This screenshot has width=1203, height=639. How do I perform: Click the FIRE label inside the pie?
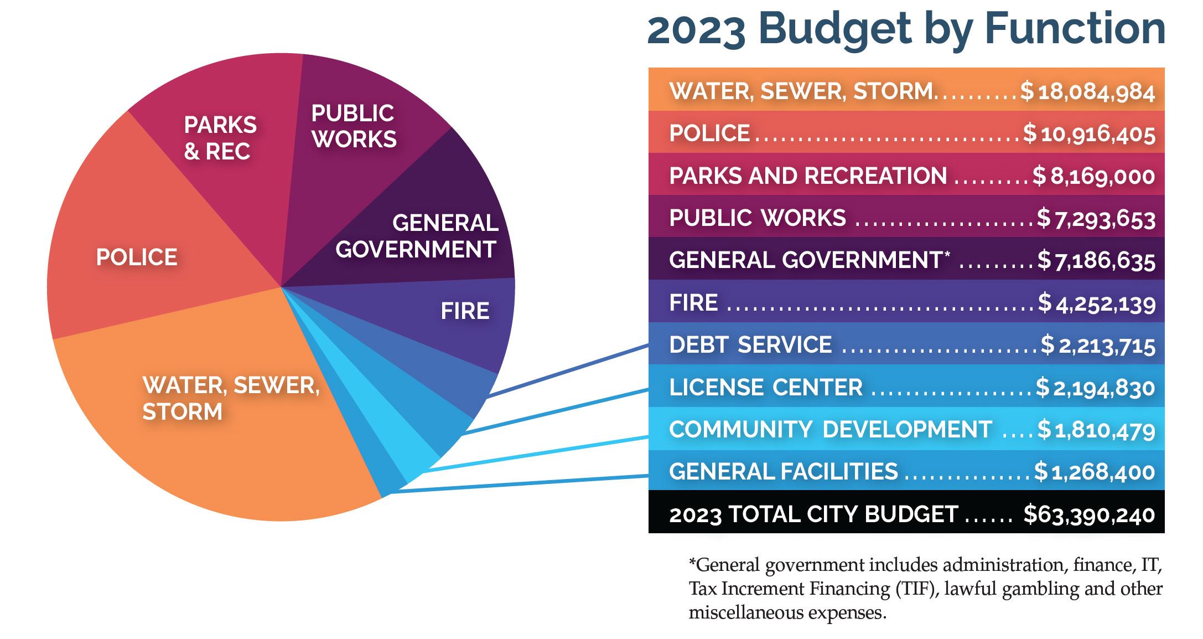click(465, 311)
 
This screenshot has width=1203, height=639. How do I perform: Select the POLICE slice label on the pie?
click(137, 257)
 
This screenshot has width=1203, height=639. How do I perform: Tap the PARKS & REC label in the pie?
click(220, 138)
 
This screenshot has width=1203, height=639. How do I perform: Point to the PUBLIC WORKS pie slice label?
click(354, 126)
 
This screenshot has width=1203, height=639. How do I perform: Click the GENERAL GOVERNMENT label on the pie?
click(417, 236)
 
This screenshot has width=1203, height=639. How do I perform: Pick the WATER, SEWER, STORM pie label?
click(231, 398)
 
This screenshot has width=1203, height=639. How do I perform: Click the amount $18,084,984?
click(1087, 91)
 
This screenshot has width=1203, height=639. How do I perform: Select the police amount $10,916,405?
click(1088, 134)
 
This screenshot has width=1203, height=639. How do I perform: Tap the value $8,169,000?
click(1093, 176)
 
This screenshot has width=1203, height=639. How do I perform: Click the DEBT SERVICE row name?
click(750, 345)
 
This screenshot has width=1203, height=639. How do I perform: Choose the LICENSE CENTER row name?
click(765, 387)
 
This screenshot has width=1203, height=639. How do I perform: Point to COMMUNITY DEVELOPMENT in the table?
click(830, 430)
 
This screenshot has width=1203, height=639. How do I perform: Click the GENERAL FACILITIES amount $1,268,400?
click(1094, 472)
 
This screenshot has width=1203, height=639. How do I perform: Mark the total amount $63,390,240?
click(1088, 514)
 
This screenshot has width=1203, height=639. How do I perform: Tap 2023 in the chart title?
click(696, 30)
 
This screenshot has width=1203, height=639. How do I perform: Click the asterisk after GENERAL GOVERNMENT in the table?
click(947, 254)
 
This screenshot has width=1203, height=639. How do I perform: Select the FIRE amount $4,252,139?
click(1096, 303)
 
